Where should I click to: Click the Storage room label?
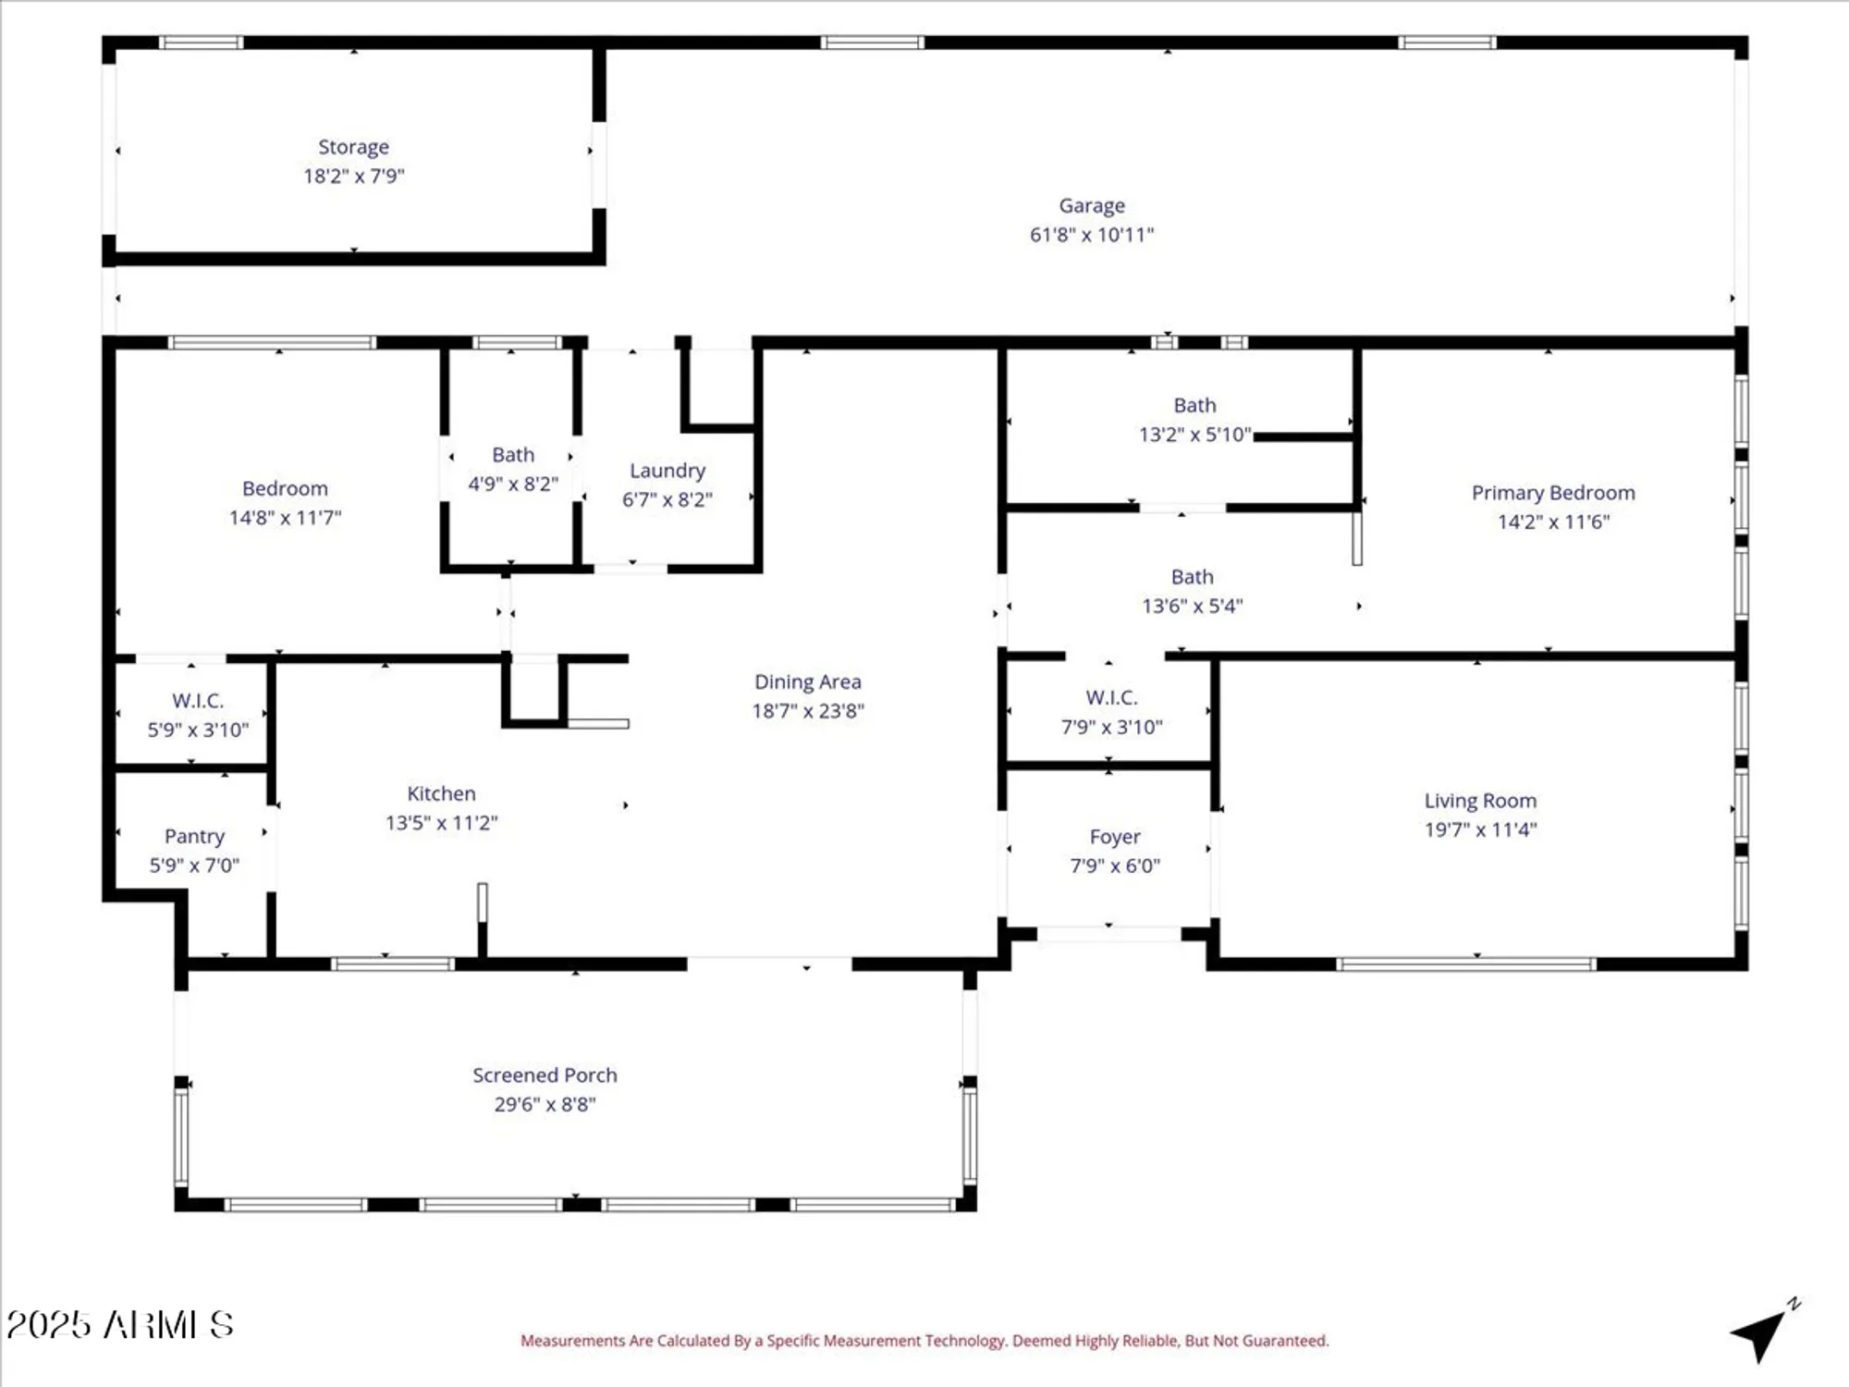[x=353, y=147]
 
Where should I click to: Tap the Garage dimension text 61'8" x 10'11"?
[x=1092, y=235]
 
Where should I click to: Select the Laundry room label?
[x=667, y=471]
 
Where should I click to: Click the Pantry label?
[x=194, y=836]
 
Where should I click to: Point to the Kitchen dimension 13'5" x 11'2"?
[x=441, y=823]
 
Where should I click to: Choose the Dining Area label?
[x=807, y=681]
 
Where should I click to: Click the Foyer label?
[x=1114, y=837]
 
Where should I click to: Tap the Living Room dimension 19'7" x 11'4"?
[x=1480, y=829]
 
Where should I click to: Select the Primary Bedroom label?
[x=1553, y=493]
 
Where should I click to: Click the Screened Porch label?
[x=545, y=1075]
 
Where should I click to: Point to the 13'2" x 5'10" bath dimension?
[x=1194, y=435]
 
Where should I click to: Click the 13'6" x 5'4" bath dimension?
[x=1192, y=606]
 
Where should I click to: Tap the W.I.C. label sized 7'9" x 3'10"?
[x=1111, y=697]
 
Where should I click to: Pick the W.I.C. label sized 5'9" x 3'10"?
[x=198, y=701]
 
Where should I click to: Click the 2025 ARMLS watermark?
[x=120, y=1325]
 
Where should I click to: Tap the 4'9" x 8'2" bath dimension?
[x=513, y=484]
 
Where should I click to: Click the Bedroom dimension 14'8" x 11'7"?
[x=285, y=518]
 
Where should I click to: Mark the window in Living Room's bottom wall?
[x=1466, y=964]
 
